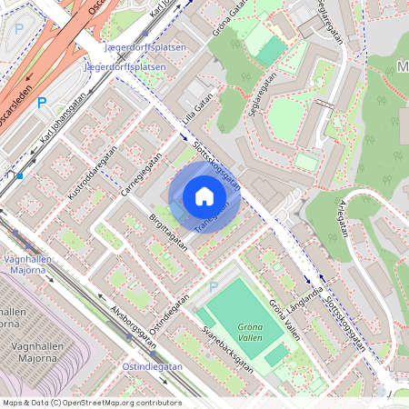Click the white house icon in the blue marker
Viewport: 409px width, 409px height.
204,196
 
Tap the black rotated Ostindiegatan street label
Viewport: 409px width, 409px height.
170,314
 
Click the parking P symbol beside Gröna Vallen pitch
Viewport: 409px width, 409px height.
214,287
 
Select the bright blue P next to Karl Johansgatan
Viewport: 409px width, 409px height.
41,104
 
